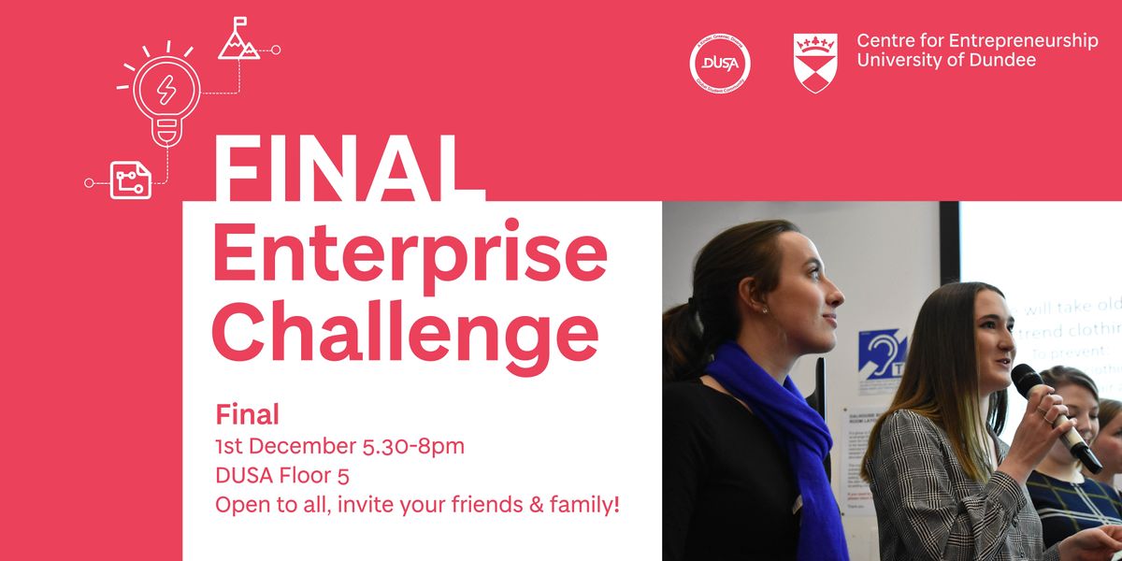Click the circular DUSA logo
click(x=720, y=64)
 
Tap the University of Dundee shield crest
click(x=814, y=63)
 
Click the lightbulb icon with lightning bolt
click(x=165, y=93)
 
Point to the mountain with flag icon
click(x=238, y=40)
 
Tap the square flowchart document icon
click(x=131, y=180)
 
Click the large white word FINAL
click(x=338, y=168)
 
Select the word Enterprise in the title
click(x=410, y=252)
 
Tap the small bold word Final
click(x=248, y=414)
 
